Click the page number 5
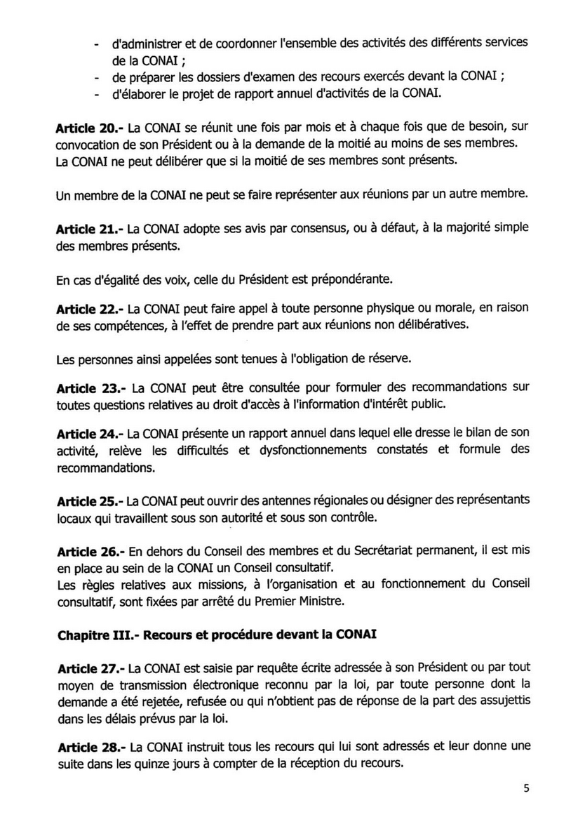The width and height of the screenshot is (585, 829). point(526,787)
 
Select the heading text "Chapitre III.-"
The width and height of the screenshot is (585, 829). point(87,635)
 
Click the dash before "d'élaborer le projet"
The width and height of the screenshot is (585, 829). point(95,93)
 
